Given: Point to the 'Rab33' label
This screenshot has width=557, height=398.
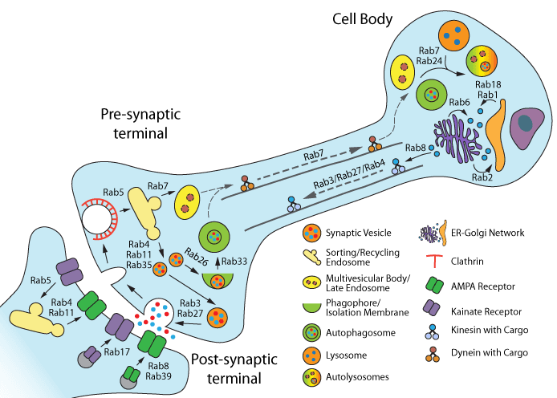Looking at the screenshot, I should pyautogui.click(x=235, y=260).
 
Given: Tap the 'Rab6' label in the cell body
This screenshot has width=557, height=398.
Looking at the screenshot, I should pyautogui.click(x=459, y=102).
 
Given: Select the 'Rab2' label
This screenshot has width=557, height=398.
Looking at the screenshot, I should pyautogui.click(x=482, y=177).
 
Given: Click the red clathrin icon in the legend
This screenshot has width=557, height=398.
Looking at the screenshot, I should pyautogui.click(x=433, y=260).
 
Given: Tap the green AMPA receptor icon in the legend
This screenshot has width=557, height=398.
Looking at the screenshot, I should pyautogui.click(x=433, y=285).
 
